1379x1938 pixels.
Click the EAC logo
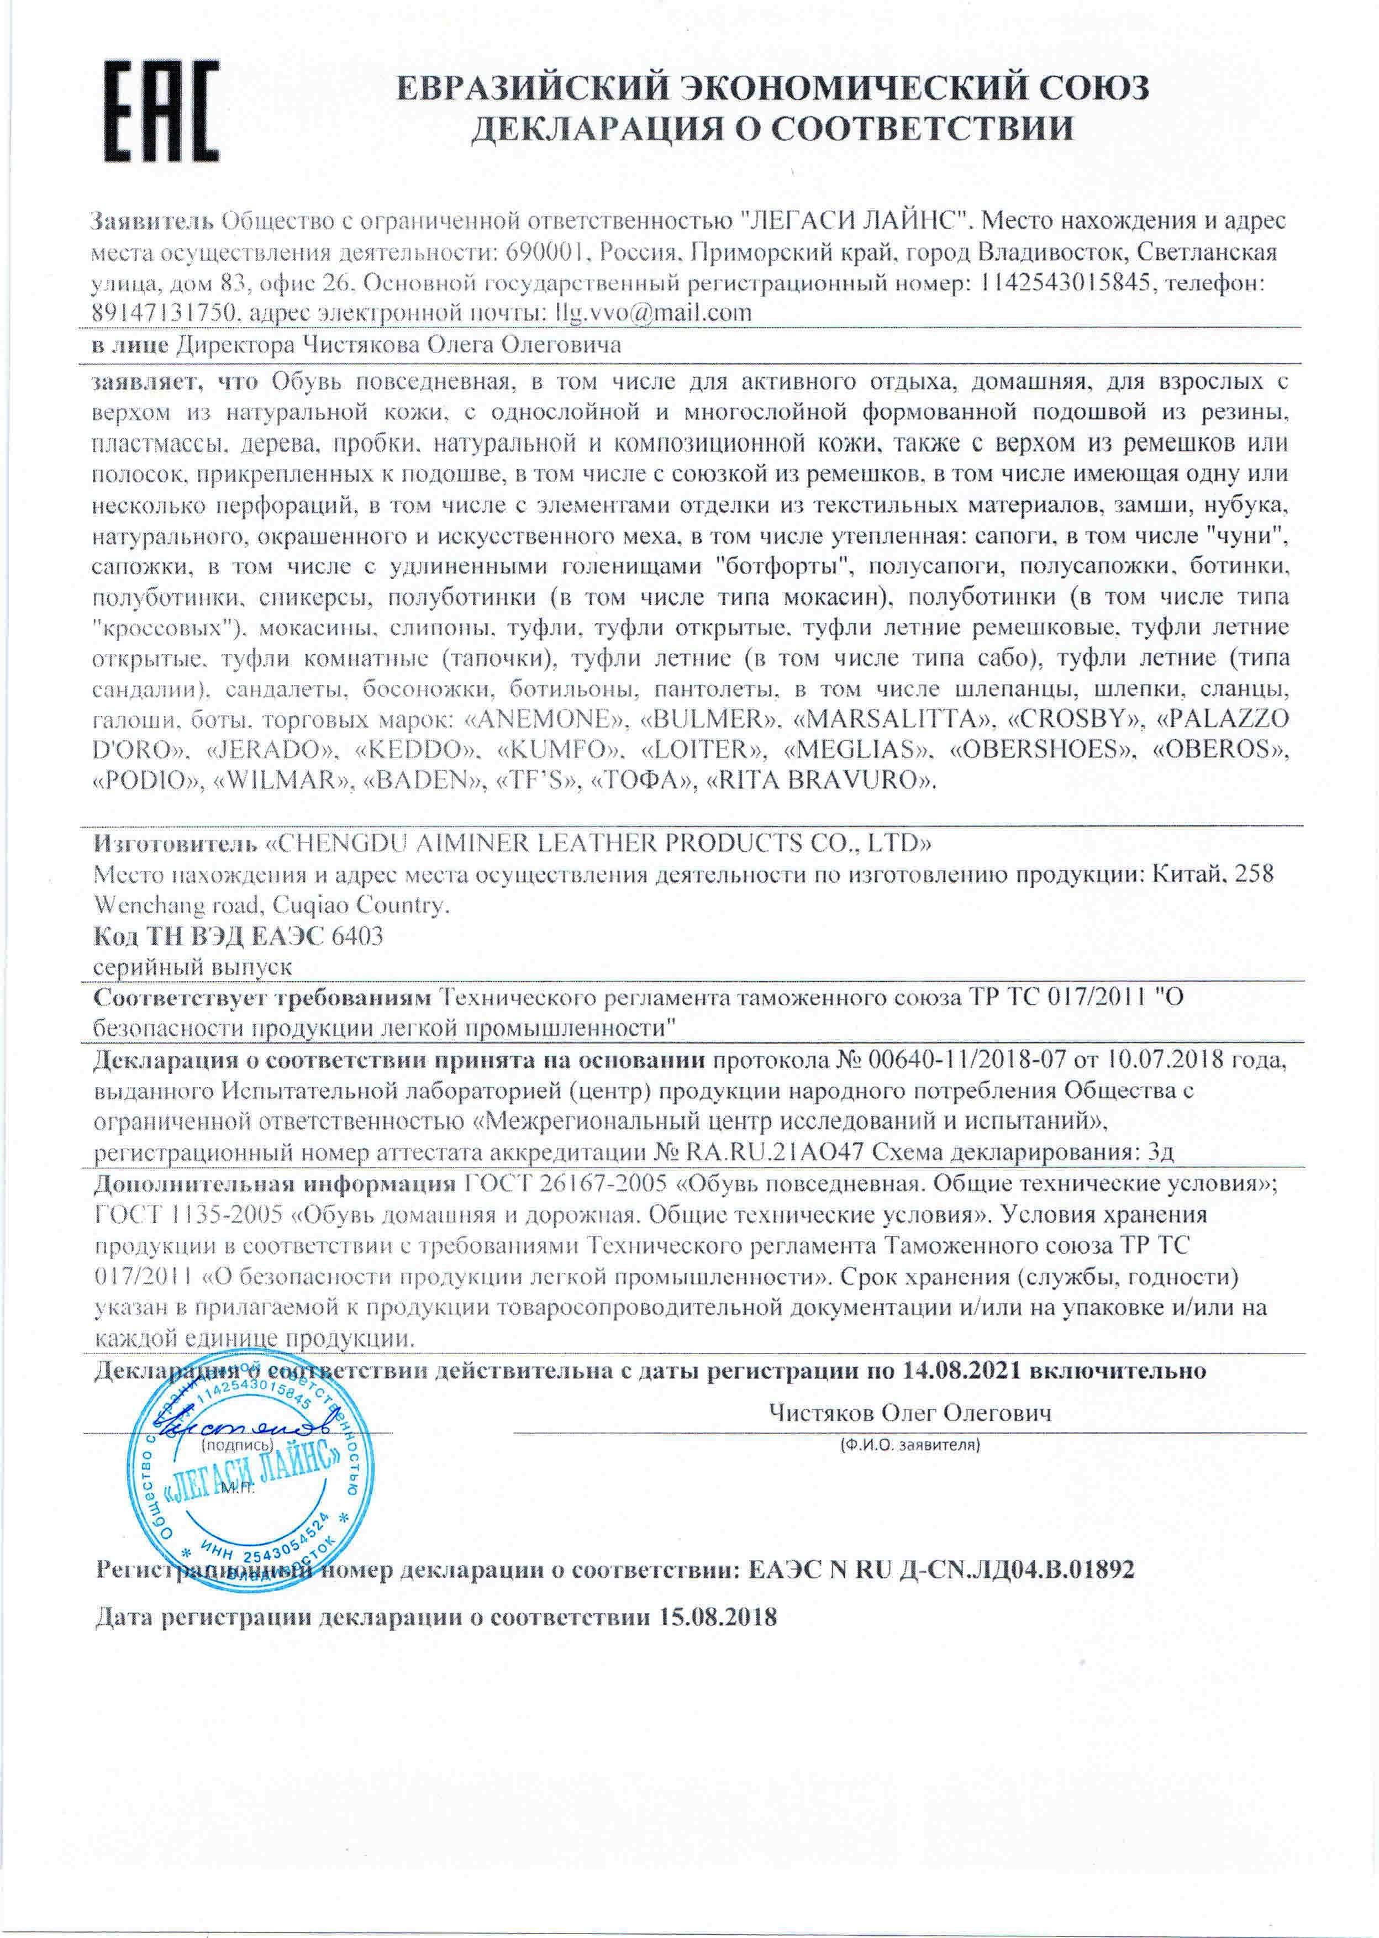point(161,110)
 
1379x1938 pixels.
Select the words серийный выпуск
point(193,967)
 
